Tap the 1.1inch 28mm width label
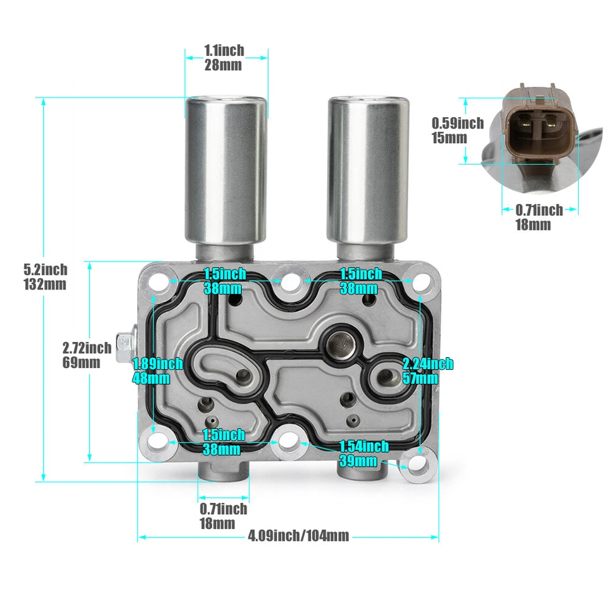click(224, 57)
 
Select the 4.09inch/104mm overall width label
click(298, 536)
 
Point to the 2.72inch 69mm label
click(87, 355)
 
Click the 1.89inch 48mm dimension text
click(157, 371)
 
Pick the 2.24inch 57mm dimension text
click(428, 370)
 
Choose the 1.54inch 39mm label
click(364, 453)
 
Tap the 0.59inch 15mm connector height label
click(458, 130)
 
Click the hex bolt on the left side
click(125, 345)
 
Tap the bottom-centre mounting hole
click(288, 440)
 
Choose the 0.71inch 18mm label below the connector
click(539, 217)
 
